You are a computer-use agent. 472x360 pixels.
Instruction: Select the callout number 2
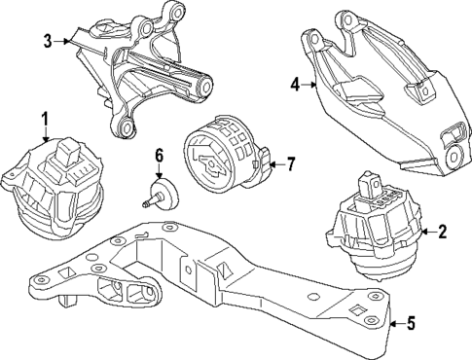(443, 232)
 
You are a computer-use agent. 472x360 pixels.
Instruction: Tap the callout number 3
(47, 41)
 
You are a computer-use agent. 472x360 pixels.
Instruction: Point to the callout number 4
(296, 86)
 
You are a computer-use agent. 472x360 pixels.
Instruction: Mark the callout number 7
(290, 164)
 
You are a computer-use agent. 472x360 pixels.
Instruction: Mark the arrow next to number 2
(426, 232)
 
